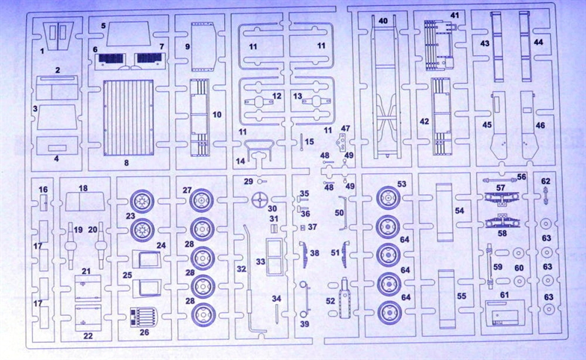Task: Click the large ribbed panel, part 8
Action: click(128, 117)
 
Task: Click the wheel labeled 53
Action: click(386, 198)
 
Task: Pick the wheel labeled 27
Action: click(201, 199)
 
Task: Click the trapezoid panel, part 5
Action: click(129, 33)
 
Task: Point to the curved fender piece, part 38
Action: click(304, 254)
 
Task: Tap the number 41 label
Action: click(455, 15)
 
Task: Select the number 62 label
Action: click(545, 181)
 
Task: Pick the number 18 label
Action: click(83, 188)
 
